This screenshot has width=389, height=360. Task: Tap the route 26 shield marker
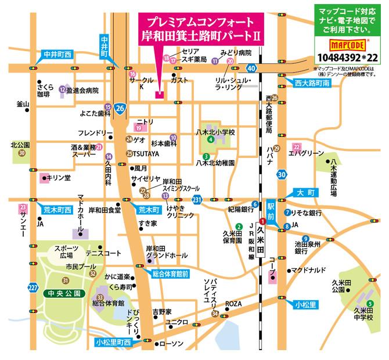pos(120,108)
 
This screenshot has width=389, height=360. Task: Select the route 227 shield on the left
pos(33,288)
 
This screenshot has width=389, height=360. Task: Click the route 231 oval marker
pos(197,200)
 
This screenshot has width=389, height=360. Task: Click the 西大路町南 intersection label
pos(311,82)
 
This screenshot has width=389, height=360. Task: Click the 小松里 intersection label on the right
pos(305,304)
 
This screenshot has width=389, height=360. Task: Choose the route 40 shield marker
pos(250,68)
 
